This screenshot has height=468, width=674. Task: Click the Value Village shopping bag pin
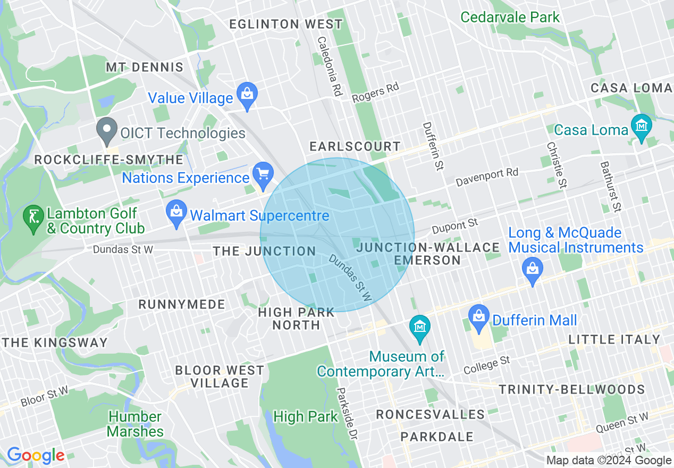coord(247,95)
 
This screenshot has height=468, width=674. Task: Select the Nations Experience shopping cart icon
coord(263,174)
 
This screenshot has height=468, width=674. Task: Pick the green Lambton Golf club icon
coord(33,218)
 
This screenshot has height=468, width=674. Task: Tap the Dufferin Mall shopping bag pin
coord(479,317)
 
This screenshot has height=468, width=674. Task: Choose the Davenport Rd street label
coord(486,178)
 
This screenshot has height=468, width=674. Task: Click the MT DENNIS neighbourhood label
coord(145,68)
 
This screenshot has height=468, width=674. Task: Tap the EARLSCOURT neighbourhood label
coord(356,146)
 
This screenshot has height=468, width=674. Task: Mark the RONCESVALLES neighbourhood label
coord(431,414)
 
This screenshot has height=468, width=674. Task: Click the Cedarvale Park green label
coord(510,17)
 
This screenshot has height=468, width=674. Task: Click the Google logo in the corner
coord(36,456)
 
